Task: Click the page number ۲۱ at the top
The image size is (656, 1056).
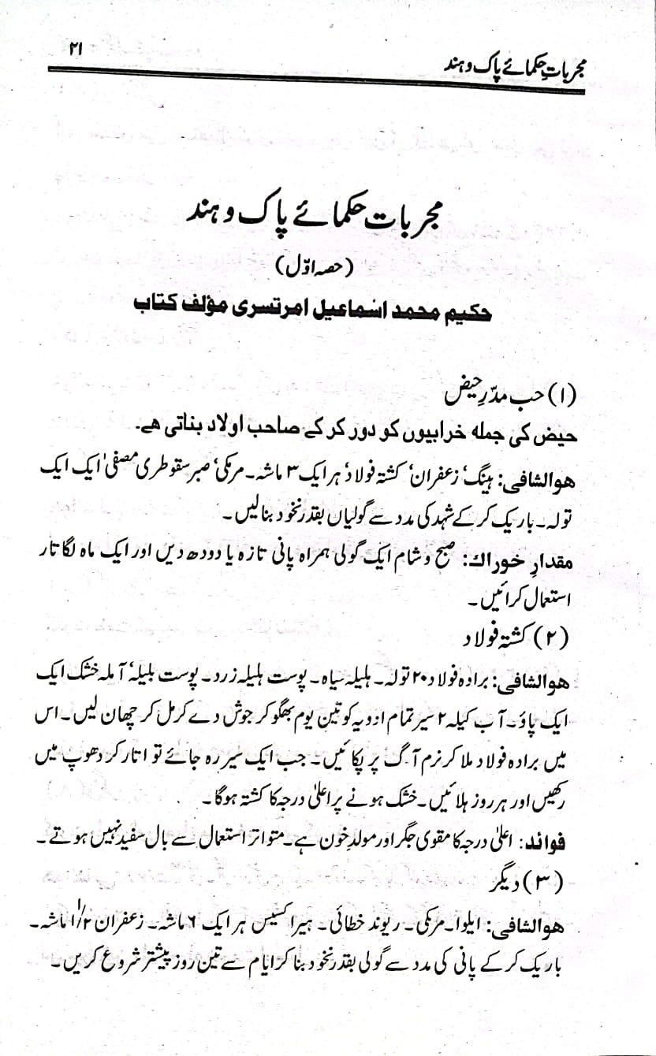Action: [76, 49]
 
